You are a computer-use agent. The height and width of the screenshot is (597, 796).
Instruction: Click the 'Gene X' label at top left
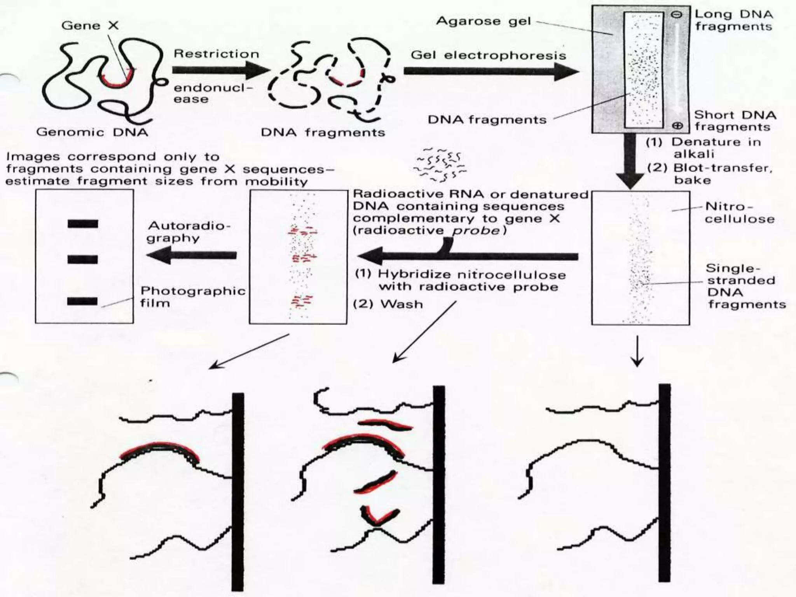click(90, 26)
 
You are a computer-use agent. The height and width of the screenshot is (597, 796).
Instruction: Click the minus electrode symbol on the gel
click(677, 15)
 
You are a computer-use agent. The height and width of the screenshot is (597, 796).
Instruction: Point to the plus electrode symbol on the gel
click(677, 126)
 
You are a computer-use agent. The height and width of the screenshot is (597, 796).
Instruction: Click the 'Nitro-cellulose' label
click(739, 212)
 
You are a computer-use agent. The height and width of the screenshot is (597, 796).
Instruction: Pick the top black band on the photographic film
click(83, 224)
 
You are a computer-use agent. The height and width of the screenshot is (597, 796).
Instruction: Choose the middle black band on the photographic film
click(83, 260)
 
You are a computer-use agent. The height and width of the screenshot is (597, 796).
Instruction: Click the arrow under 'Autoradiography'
click(192, 256)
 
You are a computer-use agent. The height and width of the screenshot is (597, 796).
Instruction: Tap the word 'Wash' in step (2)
click(401, 304)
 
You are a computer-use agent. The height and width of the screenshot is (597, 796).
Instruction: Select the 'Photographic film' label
click(193, 297)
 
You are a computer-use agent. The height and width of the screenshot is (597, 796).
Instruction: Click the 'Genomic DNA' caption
click(92, 132)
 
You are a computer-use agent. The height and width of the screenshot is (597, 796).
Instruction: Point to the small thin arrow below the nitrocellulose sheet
click(637, 352)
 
